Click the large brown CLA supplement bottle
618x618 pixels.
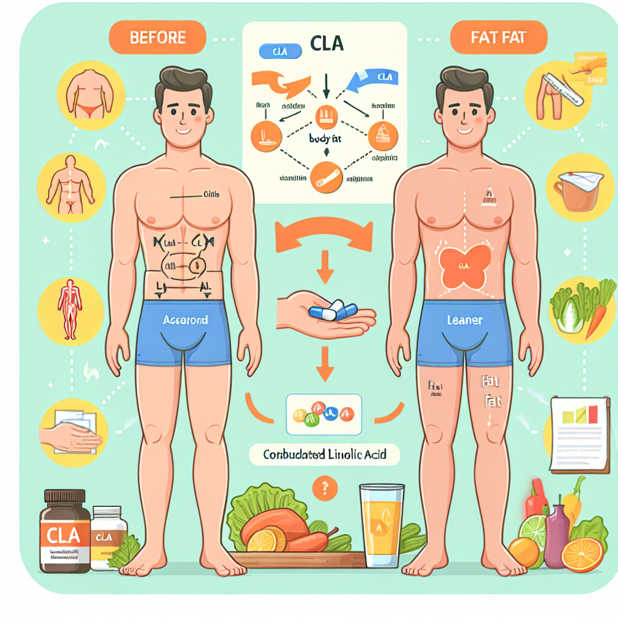65,531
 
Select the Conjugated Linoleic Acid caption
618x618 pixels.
325,454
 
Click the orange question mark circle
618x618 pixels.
325,487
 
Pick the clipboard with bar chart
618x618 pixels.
579,433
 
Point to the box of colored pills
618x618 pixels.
324,414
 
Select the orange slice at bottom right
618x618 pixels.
582,554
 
